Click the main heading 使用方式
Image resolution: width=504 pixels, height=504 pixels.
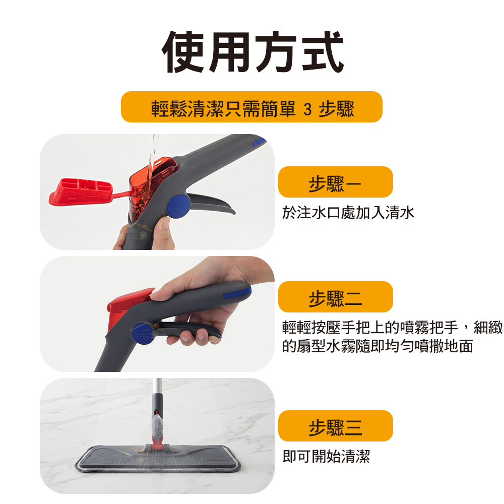click(253, 52)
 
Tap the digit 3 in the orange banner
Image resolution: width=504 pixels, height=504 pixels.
click(307, 109)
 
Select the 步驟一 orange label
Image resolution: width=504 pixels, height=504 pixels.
click(335, 182)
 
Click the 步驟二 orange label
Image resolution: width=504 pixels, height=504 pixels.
click(335, 297)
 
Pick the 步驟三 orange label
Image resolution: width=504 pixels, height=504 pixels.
click(335, 426)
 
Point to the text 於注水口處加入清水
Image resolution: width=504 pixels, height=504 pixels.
click(348, 213)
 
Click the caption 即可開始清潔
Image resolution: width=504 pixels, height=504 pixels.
click(326, 457)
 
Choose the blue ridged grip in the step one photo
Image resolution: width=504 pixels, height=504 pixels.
click(260, 142)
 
